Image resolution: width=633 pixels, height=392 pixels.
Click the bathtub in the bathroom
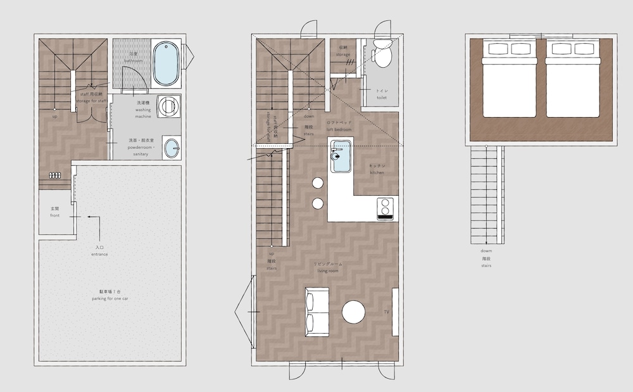(x=166, y=63)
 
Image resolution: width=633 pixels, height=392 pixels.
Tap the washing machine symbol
(x=168, y=106)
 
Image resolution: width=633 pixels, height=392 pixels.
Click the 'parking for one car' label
(x=110, y=298)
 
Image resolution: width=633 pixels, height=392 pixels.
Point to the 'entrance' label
(x=100, y=254)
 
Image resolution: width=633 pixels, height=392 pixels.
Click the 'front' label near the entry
(x=55, y=215)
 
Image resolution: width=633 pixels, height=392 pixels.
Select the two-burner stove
(x=385, y=208)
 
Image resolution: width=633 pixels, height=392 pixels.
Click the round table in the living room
(x=354, y=312)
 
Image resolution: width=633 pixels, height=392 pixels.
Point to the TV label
(x=387, y=313)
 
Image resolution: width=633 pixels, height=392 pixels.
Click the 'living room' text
(x=328, y=270)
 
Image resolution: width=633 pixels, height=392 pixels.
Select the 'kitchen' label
(x=378, y=172)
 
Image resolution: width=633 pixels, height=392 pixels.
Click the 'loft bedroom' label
(x=339, y=129)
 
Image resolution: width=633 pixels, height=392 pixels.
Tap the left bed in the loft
(x=510, y=79)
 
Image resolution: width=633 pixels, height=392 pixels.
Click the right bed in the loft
(x=572, y=79)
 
